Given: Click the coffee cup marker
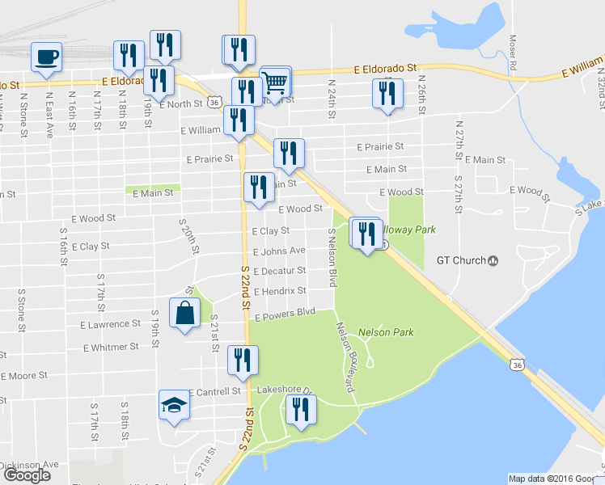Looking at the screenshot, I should [46, 57].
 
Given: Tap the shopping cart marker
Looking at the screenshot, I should [276, 82].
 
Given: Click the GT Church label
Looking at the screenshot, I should [467, 260].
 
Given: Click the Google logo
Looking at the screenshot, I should [27, 475].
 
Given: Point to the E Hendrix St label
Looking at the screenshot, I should [280, 291].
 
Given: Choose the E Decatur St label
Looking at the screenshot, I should [279, 271].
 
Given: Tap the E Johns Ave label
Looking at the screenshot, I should [279, 251].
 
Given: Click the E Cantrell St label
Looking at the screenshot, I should [215, 391].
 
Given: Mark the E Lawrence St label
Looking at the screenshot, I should [110, 324].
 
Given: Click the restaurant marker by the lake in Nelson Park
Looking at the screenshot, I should [300, 411].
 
